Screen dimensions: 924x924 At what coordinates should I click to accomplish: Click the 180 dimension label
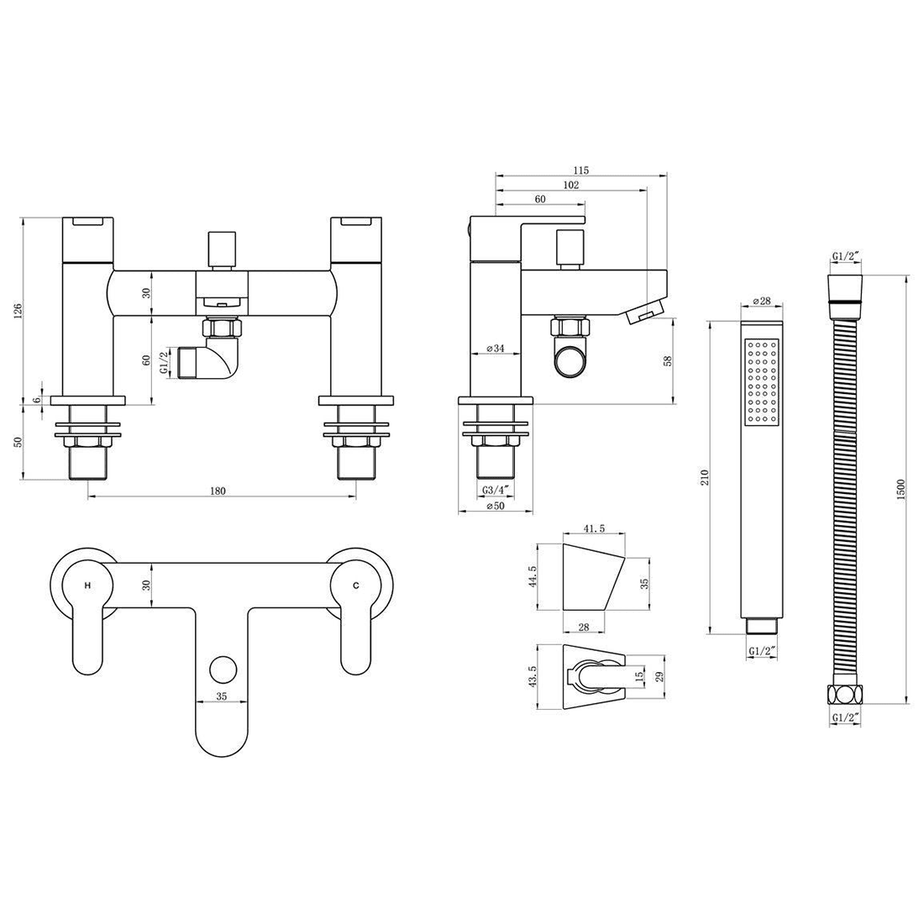pyautogui.click(x=218, y=491)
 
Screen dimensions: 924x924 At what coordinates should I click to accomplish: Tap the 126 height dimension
pyautogui.click(x=18, y=311)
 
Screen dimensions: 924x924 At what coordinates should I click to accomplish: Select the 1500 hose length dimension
pyautogui.click(x=900, y=489)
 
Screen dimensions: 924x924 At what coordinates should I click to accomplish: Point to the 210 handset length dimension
pyautogui.click(x=705, y=477)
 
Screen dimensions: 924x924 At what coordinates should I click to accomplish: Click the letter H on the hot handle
pyautogui.click(x=88, y=585)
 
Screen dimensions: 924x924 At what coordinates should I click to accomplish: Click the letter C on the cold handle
pyautogui.click(x=355, y=585)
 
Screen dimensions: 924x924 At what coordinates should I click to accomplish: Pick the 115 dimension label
pyautogui.click(x=580, y=171)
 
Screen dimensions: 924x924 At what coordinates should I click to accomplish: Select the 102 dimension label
pyautogui.click(x=571, y=185)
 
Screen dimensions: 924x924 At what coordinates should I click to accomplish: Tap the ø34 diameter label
pyautogui.click(x=496, y=349)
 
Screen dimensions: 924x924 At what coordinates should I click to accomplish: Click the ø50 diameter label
pyautogui.click(x=496, y=507)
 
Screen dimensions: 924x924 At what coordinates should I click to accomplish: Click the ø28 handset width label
pyautogui.click(x=762, y=301)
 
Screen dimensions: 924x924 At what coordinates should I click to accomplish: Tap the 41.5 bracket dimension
pyautogui.click(x=594, y=528)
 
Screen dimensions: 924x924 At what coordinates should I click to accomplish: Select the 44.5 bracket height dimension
pyautogui.click(x=533, y=578)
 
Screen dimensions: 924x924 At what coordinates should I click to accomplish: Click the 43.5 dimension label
pyautogui.click(x=533, y=677)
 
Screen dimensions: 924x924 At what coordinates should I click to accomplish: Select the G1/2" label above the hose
pyautogui.click(x=846, y=255)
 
